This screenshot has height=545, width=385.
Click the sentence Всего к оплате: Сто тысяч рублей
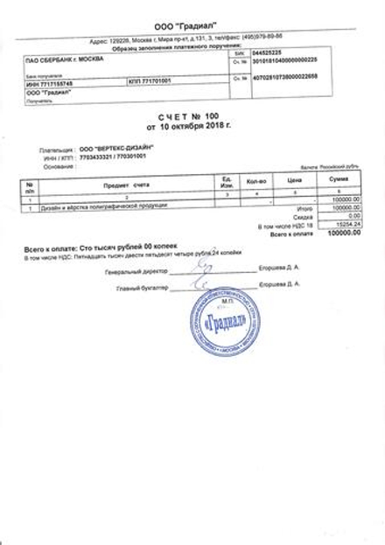pos(88,250)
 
